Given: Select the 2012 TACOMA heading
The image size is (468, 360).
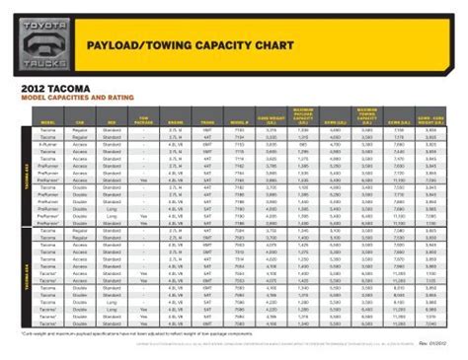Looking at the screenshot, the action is tap(56, 88).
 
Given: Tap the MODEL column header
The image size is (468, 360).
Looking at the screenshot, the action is tap(48, 122).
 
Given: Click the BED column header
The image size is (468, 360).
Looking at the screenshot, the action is tap(114, 122).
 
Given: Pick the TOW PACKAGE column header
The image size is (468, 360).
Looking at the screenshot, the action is tap(144, 121).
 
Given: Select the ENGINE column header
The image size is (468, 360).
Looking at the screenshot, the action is tap(176, 122).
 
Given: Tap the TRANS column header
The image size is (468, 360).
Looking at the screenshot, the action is tap(207, 122).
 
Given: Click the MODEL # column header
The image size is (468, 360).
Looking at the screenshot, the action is tap(238, 122).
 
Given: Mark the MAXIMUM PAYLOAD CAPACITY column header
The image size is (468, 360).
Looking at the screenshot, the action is tap(303, 119).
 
